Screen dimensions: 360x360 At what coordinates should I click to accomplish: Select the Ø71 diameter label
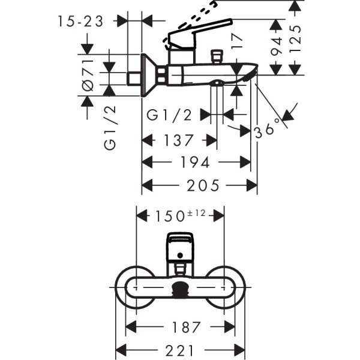coord(88,74)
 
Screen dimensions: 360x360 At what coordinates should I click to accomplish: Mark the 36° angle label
coord(267,128)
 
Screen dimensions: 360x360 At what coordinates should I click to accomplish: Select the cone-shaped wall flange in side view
coord(148,76)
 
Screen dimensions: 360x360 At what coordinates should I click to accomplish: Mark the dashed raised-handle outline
coord(204,11)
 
